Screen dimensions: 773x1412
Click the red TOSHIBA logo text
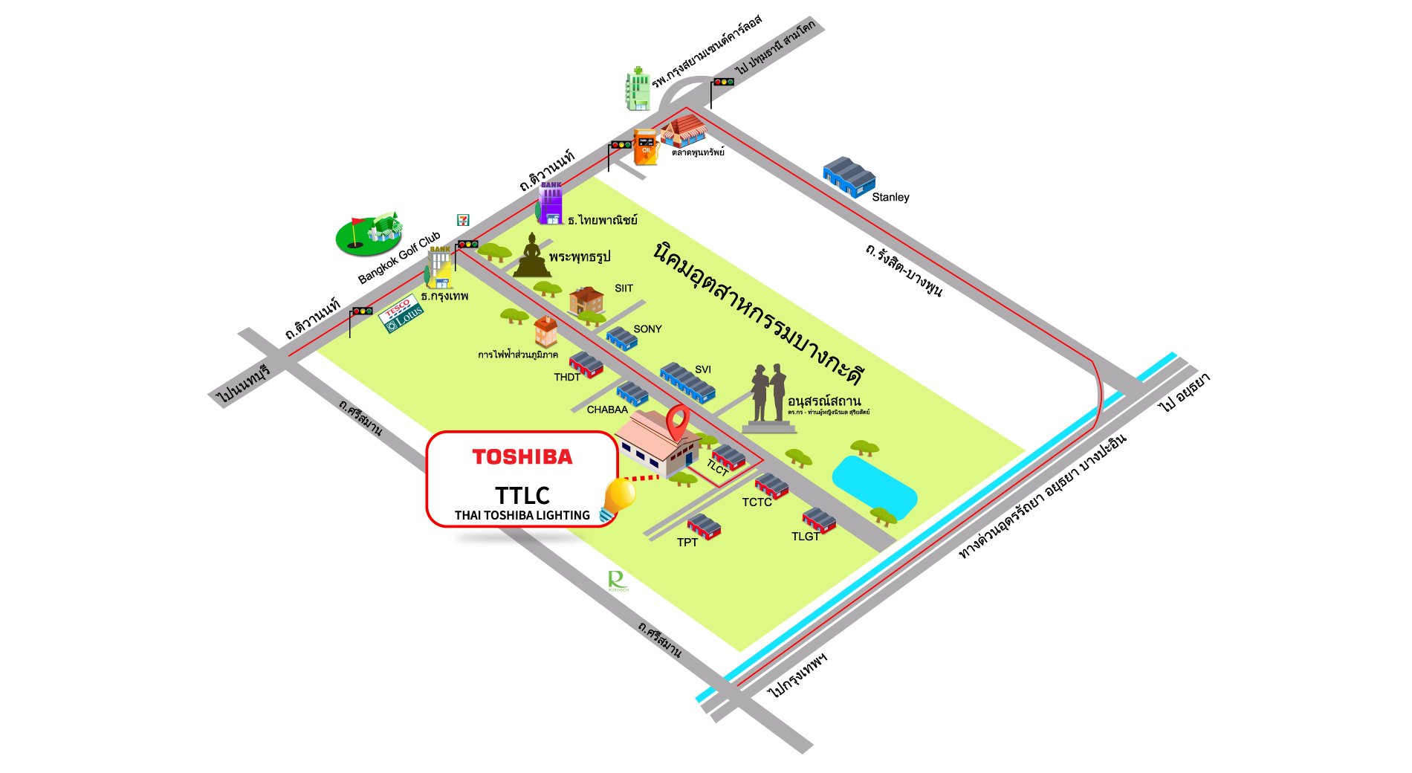tap(522, 456)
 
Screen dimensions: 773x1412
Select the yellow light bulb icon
tap(619, 497)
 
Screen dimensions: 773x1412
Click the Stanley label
tap(890, 197)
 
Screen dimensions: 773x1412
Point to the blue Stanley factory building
tap(849, 177)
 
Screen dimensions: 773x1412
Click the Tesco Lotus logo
tap(402, 314)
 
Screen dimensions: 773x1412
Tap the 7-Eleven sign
tap(463, 220)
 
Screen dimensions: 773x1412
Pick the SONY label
tap(647, 329)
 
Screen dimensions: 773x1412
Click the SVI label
tap(703, 369)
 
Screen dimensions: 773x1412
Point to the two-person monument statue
tap(768, 397)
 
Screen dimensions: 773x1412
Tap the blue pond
tap(874, 485)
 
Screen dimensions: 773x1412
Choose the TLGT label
tap(806, 536)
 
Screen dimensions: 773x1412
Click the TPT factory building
tap(704, 526)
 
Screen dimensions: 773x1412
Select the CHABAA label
tap(607, 410)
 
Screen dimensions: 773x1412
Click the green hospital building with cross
tap(638, 89)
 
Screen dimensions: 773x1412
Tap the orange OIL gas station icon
tap(645, 146)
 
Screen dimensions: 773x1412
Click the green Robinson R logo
tap(617, 580)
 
